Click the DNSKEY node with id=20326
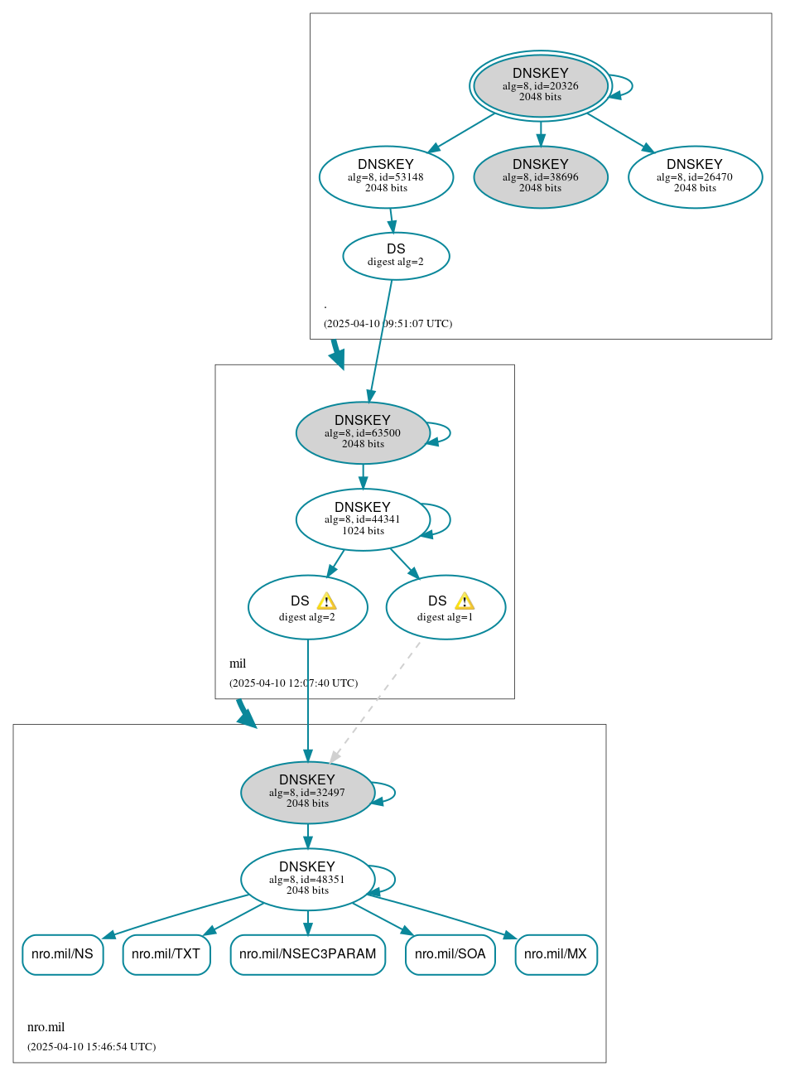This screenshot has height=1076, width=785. (x=540, y=85)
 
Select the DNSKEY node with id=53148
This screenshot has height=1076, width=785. (x=386, y=176)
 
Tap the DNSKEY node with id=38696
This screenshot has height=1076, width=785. (x=540, y=176)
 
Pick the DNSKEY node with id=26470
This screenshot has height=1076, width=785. (x=695, y=176)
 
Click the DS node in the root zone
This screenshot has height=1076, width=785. (x=396, y=256)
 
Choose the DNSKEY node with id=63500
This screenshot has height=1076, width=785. (x=363, y=432)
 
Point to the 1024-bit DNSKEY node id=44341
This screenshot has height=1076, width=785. (x=363, y=519)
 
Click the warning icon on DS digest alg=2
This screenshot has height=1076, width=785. (x=326, y=601)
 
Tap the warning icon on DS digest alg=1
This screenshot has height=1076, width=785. (x=465, y=601)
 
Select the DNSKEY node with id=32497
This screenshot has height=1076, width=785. (x=307, y=792)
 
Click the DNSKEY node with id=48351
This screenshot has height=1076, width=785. (x=307, y=879)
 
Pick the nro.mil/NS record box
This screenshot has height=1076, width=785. (x=63, y=954)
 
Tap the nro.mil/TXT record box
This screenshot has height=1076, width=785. (x=166, y=954)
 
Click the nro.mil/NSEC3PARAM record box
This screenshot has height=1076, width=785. (x=307, y=954)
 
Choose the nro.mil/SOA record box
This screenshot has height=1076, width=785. (x=450, y=954)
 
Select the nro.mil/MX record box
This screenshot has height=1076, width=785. (x=556, y=954)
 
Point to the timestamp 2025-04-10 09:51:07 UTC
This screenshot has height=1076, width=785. (x=388, y=323)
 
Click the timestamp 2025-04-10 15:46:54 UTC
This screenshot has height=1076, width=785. (x=91, y=1046)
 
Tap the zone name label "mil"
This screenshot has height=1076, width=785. (x=238, y=663)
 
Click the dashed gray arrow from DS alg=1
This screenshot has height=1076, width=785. (x=375, y=701)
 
